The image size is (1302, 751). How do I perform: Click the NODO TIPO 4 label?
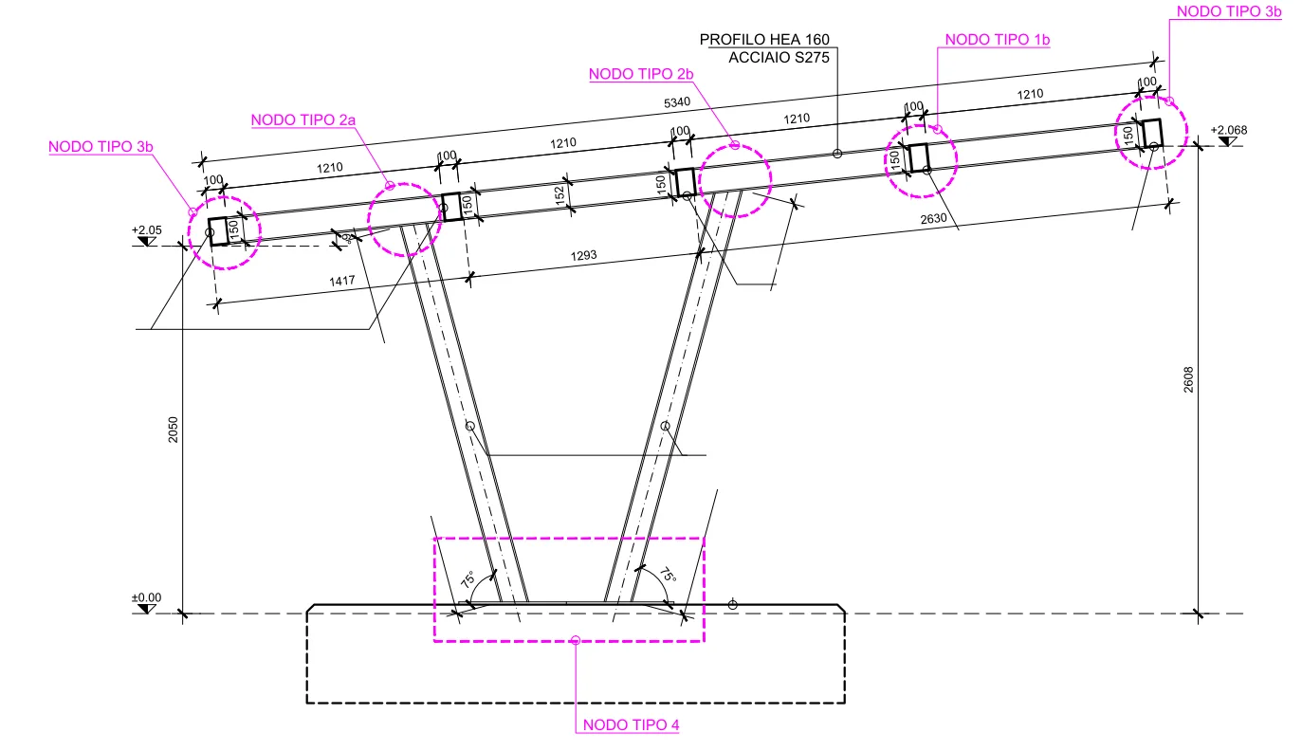click(632, 725)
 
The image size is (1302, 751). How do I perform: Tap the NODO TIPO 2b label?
click(642, 73)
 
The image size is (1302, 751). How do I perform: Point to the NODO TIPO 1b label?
click(998, 39)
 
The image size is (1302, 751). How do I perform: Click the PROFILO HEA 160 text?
click(764, 40)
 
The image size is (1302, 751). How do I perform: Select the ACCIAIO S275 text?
click(779, 57)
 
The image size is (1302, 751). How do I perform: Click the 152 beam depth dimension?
click(559, 194)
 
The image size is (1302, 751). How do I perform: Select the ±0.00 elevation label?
click(147, 597)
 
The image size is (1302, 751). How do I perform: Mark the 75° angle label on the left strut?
click(468, 579)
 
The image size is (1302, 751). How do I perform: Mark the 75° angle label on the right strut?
click(669, 576)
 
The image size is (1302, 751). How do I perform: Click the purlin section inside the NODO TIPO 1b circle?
click(918, 157)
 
